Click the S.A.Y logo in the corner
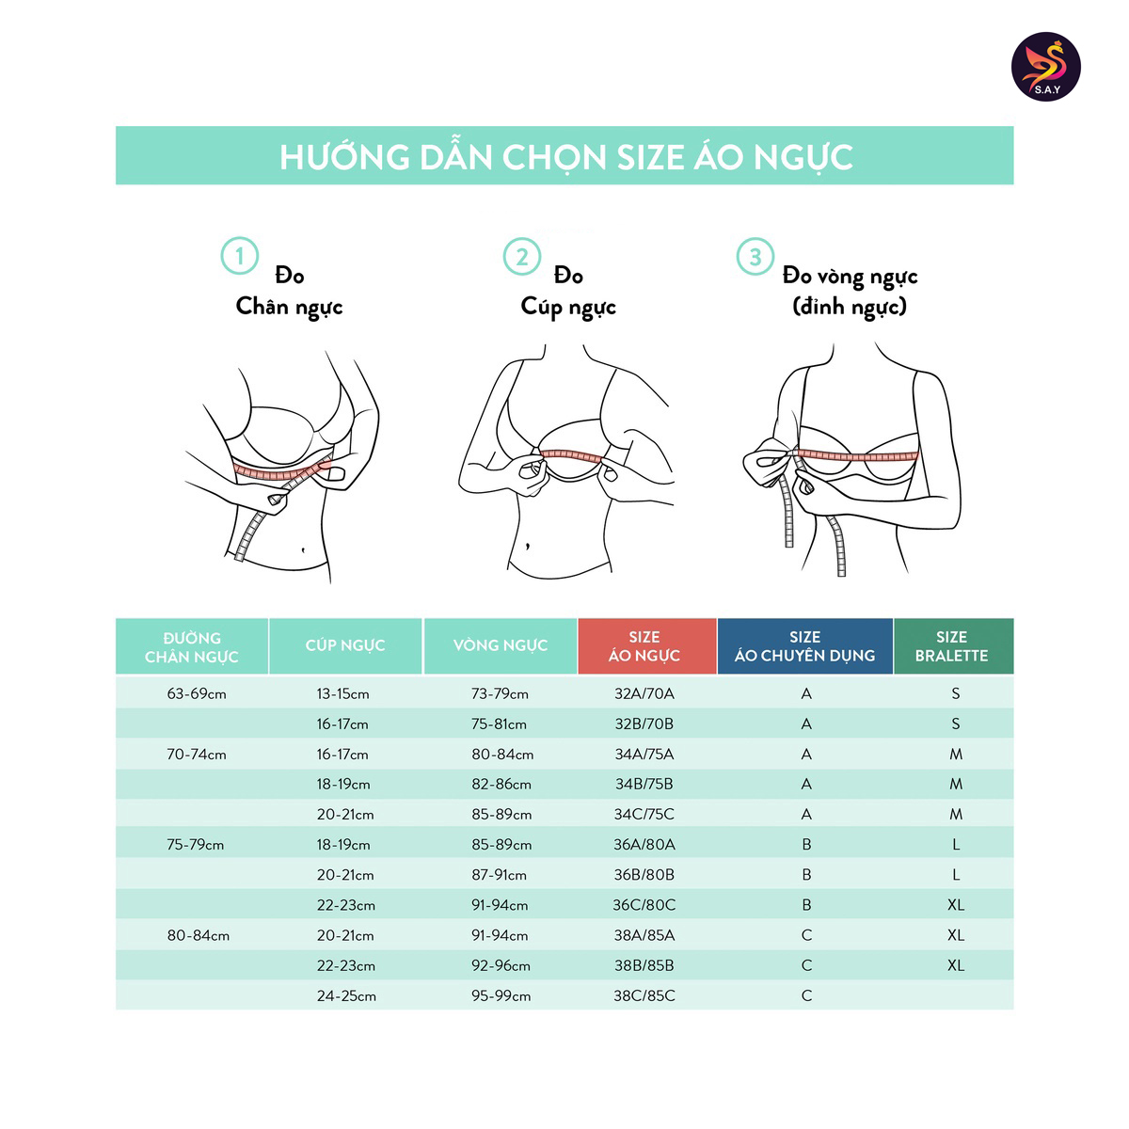click(1045, 67)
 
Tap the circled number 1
click(239, 256)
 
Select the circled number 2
click(521, 257)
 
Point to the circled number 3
click(755, 257)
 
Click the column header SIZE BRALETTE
click(953, 646)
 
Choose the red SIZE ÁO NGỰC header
click(646, 646)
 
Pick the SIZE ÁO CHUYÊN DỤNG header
click(805, 646)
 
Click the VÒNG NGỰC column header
click(501, 646)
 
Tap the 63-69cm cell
click(197, 694)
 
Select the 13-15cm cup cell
click(342, 694)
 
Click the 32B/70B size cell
click(644, 724)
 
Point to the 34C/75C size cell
click(644, 815)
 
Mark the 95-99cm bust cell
click(501, 996)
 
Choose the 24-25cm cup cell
click(346, 996)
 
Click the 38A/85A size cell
click(644, 935)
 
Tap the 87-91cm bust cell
click(500, 875)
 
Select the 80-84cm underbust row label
click(198, 935)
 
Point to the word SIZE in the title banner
click(650, 157)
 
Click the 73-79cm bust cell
click(500, 694)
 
